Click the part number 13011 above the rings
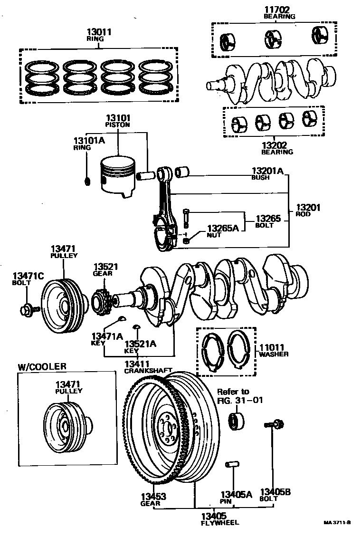pos(99,33)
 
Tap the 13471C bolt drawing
pos(27,309)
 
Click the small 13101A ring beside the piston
pos(87,181)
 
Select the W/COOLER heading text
pos(42,366)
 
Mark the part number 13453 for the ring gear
pos(153,497)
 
